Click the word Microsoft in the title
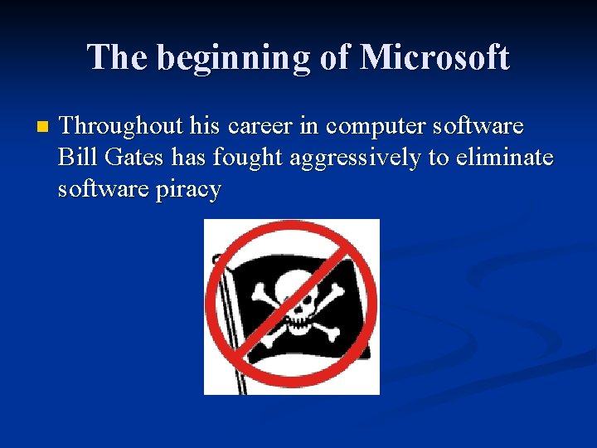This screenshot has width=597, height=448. tap(434, 57)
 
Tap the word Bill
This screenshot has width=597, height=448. tap(75, 158)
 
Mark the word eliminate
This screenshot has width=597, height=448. tap(502, 158)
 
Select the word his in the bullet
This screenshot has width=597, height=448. tap(205, 126)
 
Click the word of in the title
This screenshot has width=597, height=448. tap(335, 57)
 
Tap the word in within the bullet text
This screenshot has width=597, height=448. tap(311, 126)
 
